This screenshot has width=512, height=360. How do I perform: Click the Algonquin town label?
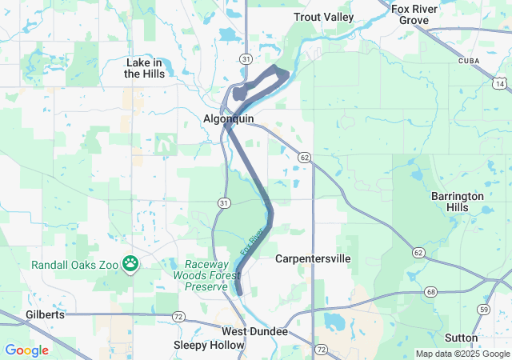[x=228, y=118]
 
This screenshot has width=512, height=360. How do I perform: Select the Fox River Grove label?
[x=414, y=14]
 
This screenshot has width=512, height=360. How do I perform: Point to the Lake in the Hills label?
[x=145, y=68]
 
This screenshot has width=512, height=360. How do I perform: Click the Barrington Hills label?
[x=458, y=201]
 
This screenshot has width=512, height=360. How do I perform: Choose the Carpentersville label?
[x=313, y=259]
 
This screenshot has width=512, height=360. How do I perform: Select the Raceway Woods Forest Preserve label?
[x=212, y=275]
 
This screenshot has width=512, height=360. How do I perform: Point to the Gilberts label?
[x=45, y=314]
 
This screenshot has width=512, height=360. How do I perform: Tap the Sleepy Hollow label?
[x=209, y=345]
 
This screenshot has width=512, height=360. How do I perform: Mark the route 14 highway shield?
[x=500, y=83]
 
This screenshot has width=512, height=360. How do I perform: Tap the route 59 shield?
[x=483, y=309]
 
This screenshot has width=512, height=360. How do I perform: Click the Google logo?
[x=26, y=350]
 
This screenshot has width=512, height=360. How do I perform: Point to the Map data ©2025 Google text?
[x=462, y=354]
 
